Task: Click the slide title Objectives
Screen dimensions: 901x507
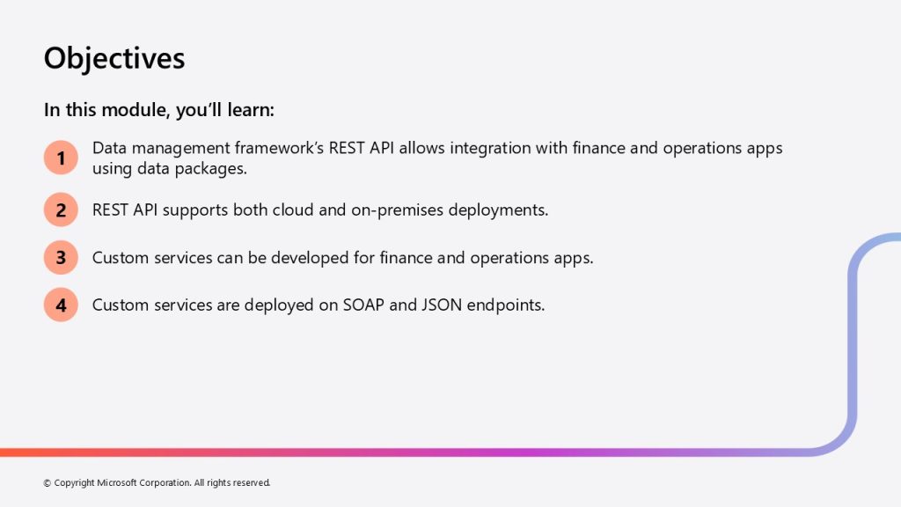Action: pyautogui.click(x=114, y=59)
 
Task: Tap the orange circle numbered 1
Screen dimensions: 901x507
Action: pyautogui.click(x=61, y=158)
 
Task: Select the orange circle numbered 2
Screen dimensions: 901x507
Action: pyautogui.click(x=61, y=209)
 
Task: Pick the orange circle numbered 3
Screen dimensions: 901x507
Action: pyautogui.click(x=61, y=258)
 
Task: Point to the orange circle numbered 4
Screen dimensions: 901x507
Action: pyautogui.click(x=61, y=305)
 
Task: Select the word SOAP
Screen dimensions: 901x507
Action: pyautogui.click(x=363, y=305)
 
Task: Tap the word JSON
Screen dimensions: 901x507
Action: pyautogui.click(x=442, y=305)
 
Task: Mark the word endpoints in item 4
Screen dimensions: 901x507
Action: pyautogui.click(x=506, y=305)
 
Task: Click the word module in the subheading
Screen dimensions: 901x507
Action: pyautogui.click(x=133, y=110)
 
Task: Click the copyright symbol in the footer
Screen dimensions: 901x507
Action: pyautogui.click(x=48, y=483)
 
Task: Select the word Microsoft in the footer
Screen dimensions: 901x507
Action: pyautogui.click(x=117, y=483)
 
